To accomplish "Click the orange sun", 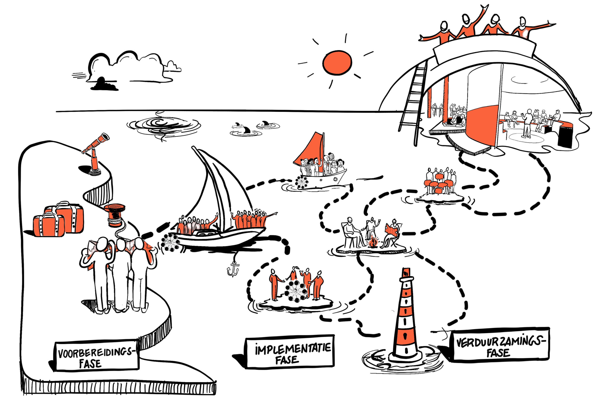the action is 337,62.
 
